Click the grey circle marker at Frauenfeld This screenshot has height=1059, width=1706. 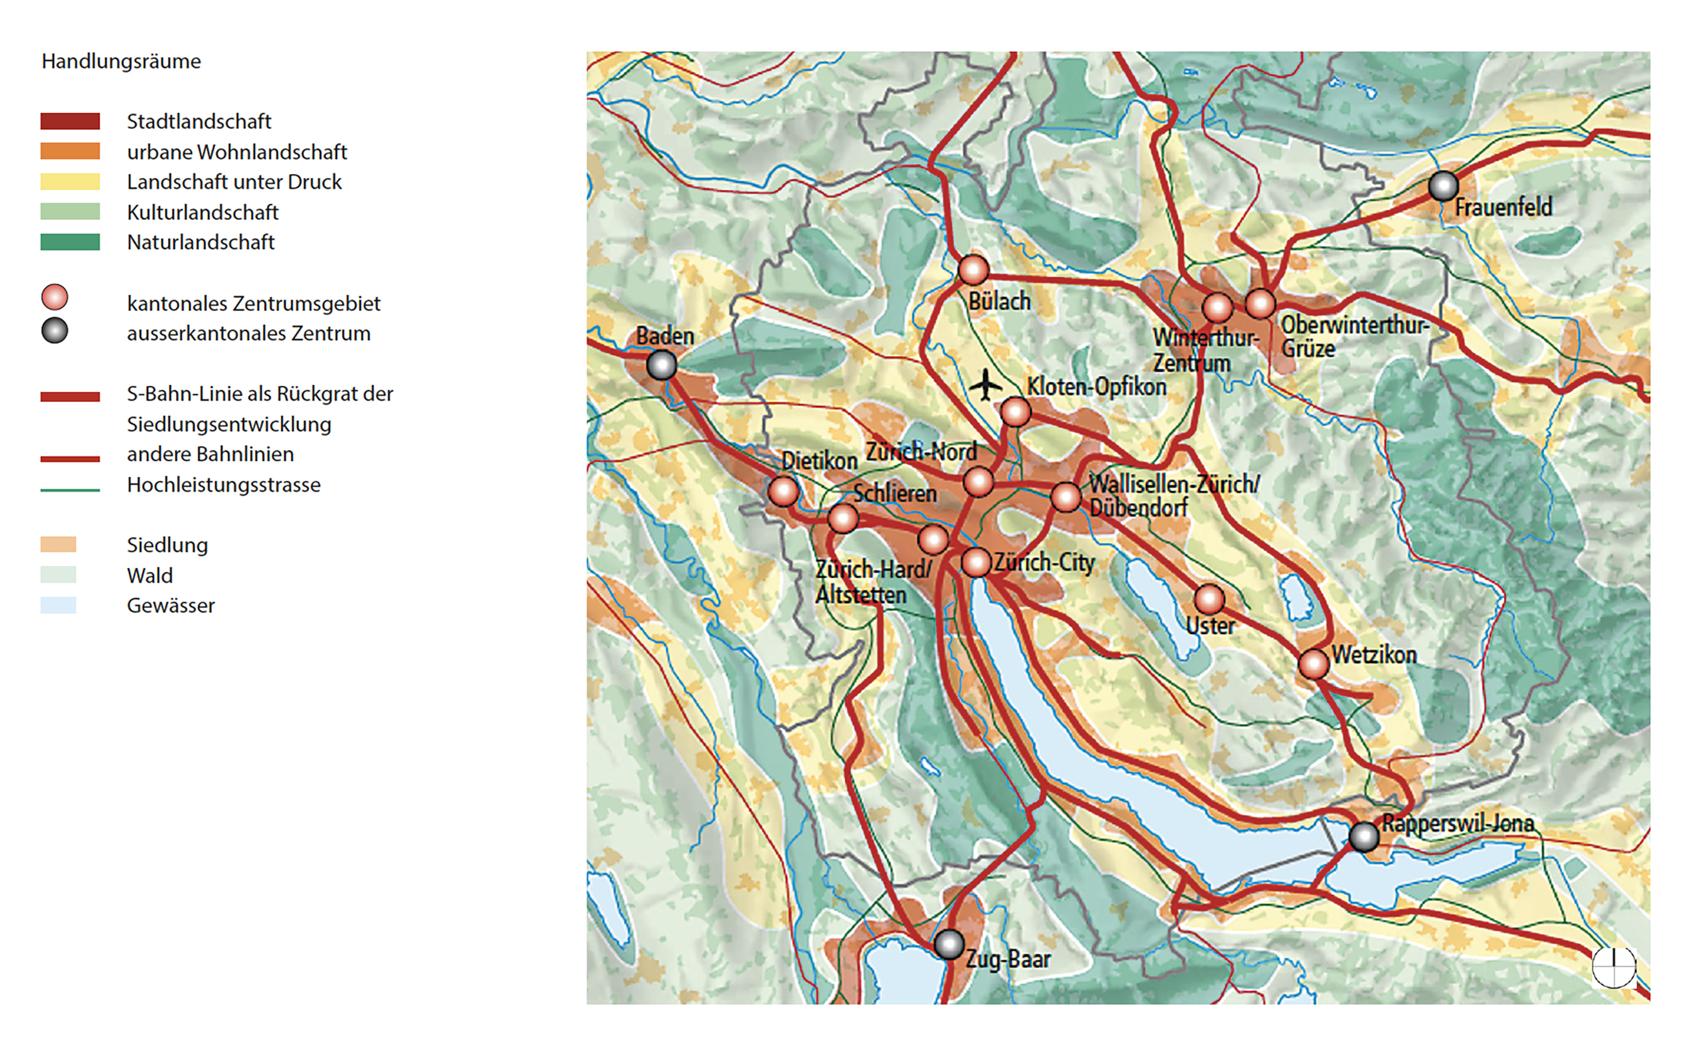point(1443,186)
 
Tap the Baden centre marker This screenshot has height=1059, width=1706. point(662,365)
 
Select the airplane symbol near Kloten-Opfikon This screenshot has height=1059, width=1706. point(986,385)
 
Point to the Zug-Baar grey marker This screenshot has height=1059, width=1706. point(949,944)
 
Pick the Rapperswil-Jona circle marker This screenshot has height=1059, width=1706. point(1364,836)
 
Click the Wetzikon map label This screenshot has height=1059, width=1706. point(1374,655)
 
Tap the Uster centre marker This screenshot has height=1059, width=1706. point(1209,600)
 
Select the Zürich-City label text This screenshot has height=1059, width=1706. point(1044,562)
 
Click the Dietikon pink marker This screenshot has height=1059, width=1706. point(783,491)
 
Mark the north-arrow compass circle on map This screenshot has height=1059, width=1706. point(1614,967)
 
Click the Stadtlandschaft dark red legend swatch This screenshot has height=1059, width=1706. point(70,121)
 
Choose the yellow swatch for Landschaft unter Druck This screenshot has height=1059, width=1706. point(70,181)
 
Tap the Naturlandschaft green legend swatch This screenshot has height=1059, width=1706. point(70,242)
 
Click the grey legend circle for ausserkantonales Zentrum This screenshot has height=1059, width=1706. point(54,331)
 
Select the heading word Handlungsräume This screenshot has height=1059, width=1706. point(121,62)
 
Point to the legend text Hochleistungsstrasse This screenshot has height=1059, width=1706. point(223,485)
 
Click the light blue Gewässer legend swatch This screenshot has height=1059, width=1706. point(58,605)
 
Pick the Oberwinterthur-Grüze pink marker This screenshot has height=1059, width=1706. point(1260,304)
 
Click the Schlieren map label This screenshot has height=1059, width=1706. point(894,493)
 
